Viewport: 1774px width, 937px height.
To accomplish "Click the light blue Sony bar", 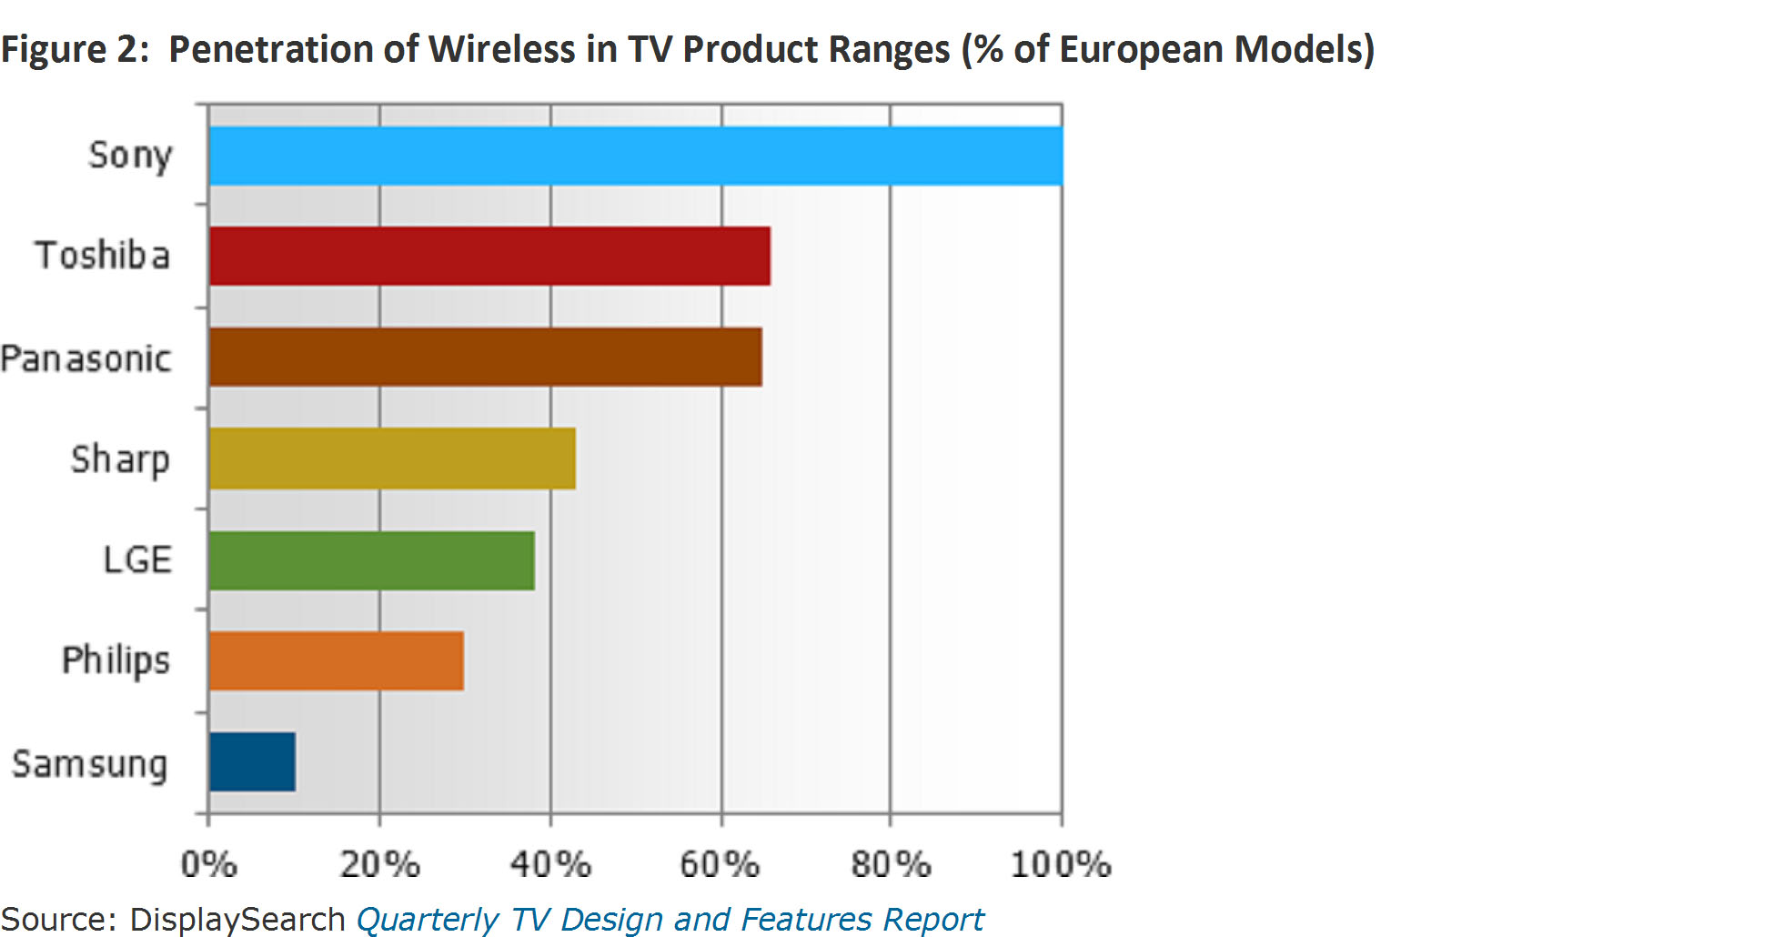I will pyautogui.click(x=635, y=156).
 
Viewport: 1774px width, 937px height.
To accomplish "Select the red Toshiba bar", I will pyautogui.click(x=489, y=256).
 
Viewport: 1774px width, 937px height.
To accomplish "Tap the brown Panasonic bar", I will pyautogui.click(x=485, y=358).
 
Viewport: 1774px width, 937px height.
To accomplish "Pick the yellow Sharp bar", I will pyautogui.click(x=392, y=458).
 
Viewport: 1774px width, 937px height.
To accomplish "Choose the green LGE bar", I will pyautogui.click(x=371, y=560).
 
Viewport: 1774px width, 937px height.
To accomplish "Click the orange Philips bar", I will pyautogui.click(x=336, y=660).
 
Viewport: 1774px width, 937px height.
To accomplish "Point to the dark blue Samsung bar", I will pyautogui.click(x=252, y=761).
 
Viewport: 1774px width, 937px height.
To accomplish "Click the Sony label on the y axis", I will pyautogui.click(x=129, y=156).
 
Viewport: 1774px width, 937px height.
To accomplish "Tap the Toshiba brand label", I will pyautogui.click(x=103, y=256).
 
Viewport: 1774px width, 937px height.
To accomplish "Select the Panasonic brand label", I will pyautogui.click(x=86, y=358).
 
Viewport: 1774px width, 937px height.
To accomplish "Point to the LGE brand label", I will pyautogui.click(x=137, y=559).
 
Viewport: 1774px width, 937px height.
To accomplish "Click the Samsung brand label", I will pyautogui.click(x=90, y=764).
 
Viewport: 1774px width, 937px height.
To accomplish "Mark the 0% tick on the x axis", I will pyautogui.click(x=208, y=863).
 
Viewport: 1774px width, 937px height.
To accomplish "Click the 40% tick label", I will pyautogui.click(x=550, y=863).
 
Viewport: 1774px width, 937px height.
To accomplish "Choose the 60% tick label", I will pyautogui.click(x=720, y=863).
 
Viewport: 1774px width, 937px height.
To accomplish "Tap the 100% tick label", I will pyautogui.click(x=1061, y=863).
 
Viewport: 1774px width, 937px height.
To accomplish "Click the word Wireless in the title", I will pyautogui.click(x=503, y=49).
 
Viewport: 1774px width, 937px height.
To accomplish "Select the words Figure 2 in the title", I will pyautogui.click(x=75, y=49).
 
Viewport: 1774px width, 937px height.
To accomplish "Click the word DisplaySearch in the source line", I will pyautogui.click(x=237, y=919).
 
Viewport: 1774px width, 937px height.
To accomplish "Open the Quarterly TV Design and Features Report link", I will pyautogui.click(x=670, y=919).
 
